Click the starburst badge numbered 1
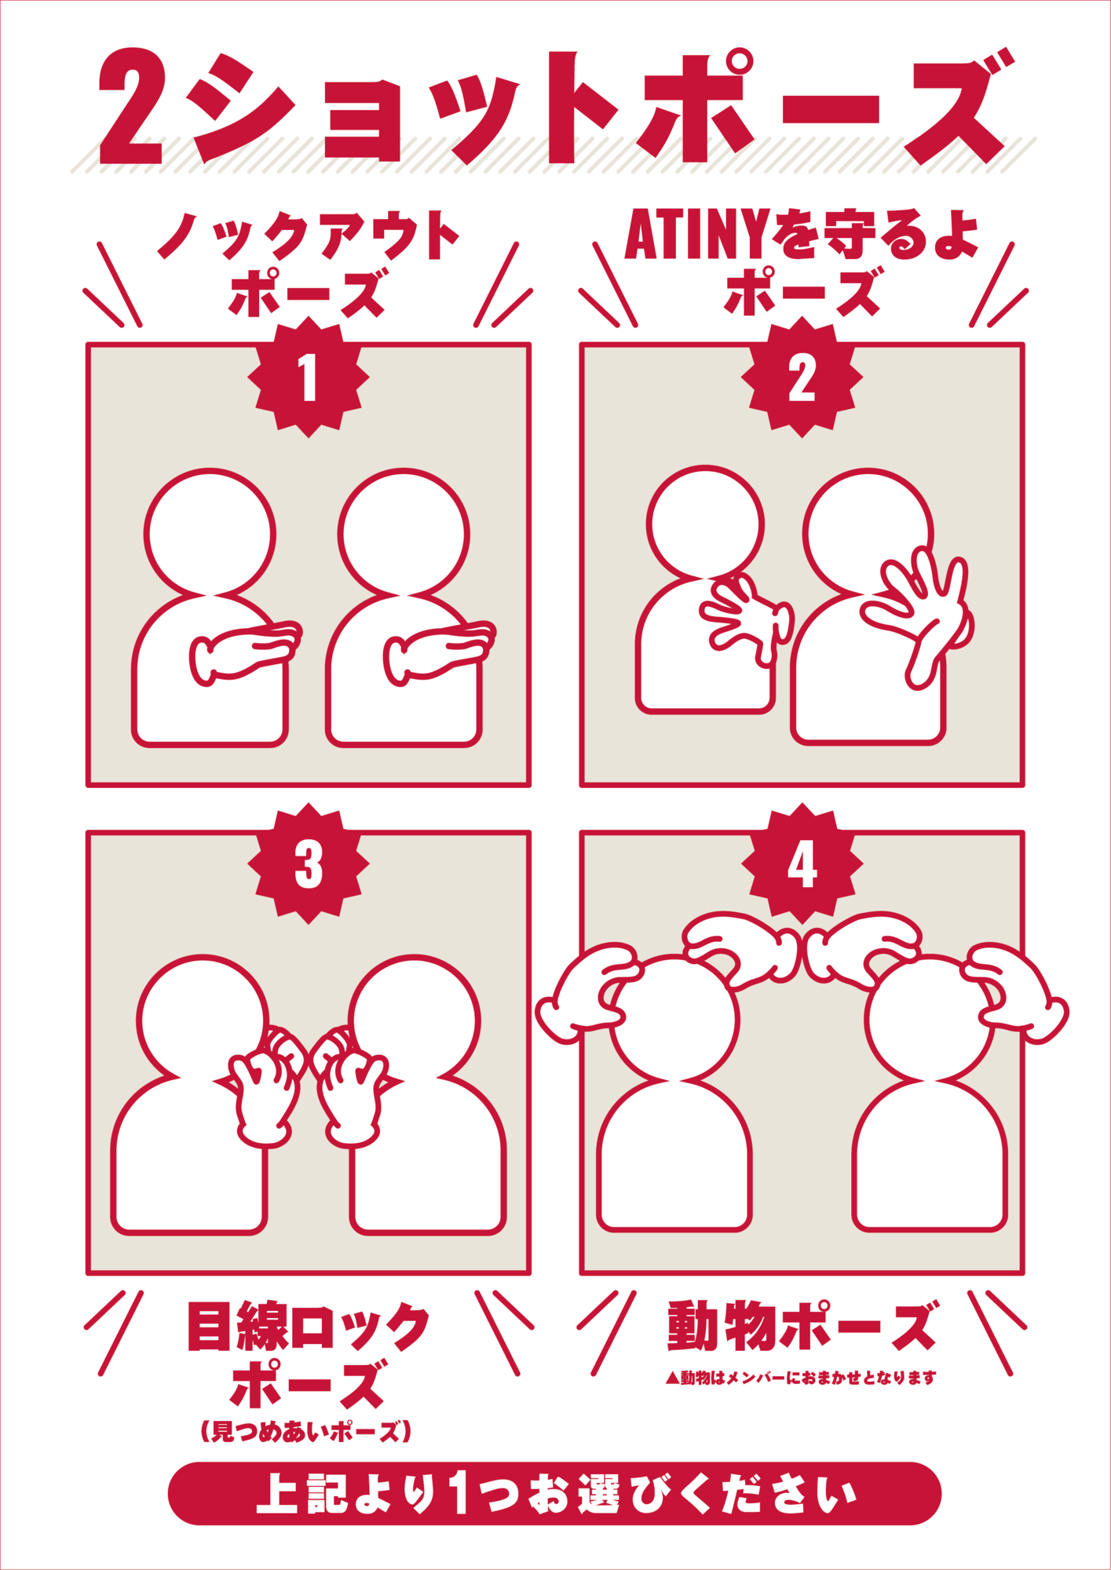click(309, 378)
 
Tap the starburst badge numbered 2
click(802, 378)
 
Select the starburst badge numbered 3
click(309, 863)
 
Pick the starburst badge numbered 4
click(802, 863)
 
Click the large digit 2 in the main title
click(131, 108)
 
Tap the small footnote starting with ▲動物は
click(801, 1378)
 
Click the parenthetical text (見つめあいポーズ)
click(306, 1430)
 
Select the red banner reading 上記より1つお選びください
click(554, 1493)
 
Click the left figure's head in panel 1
click(210, 534)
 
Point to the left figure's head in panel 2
click(705, 524)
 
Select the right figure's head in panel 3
click(414, 1020)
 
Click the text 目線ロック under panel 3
click(309, 1327)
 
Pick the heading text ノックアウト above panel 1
click(309, 235)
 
